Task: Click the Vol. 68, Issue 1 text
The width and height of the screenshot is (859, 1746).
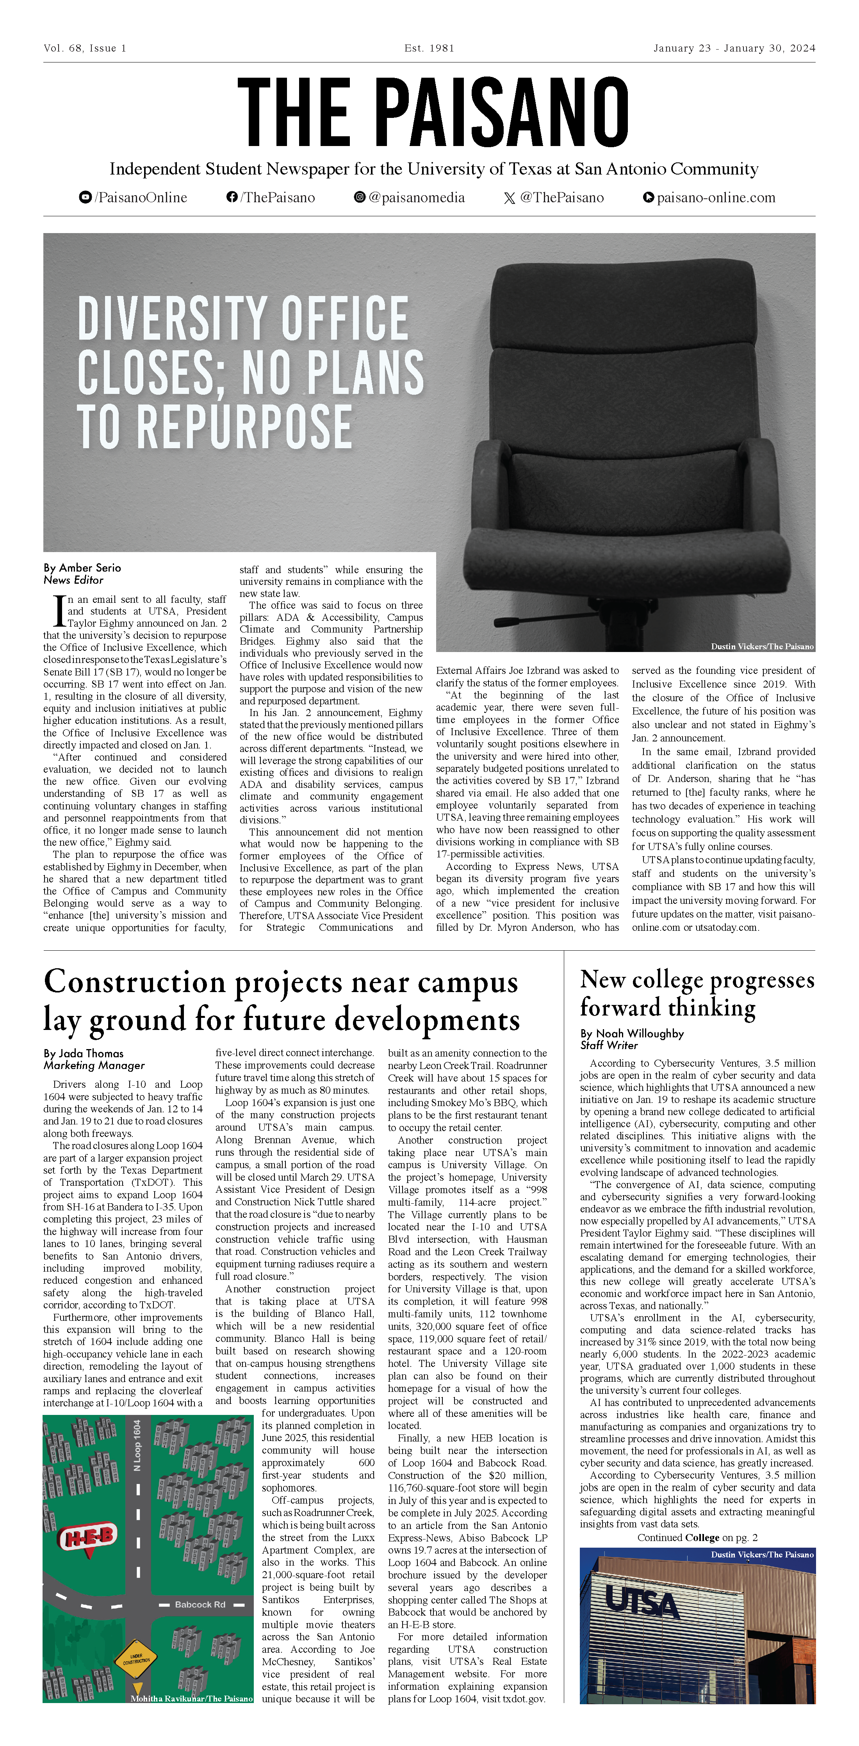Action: tap(85, 48)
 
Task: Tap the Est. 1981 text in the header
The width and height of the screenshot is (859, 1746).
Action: tap(429, 48)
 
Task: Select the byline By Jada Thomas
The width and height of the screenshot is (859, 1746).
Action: tap(84, 1053)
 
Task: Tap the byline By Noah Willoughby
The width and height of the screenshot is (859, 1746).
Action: tap(632, 1033)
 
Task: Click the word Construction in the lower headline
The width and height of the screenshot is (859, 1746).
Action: tap(134, 982)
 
